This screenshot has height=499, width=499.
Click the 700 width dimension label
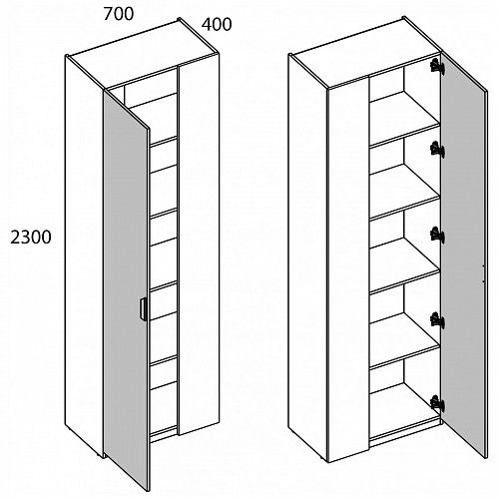click(119, 14)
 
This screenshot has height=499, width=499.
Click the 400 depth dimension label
click(217, 25)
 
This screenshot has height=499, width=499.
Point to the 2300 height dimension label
click(31, 238)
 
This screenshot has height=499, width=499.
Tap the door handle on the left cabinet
click(143, 309)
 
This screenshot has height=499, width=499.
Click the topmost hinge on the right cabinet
click(437, 66)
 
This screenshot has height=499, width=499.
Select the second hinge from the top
click(437, 149)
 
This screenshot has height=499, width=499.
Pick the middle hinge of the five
click(437, 234)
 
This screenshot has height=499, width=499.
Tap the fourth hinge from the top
click(437, 320)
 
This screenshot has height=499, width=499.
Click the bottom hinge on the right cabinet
click(437, 403)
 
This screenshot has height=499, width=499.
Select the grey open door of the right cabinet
click(463, 252)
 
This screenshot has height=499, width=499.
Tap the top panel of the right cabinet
click(366, 53)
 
